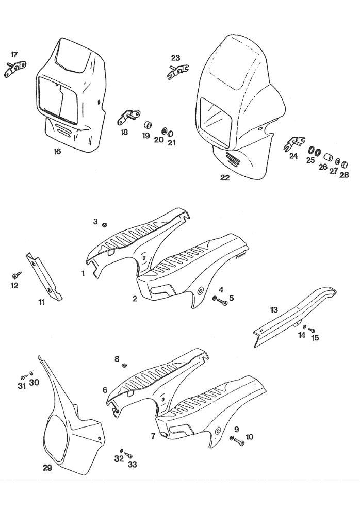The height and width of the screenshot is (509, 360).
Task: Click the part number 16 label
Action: pyautogui.click(x=57, y=152)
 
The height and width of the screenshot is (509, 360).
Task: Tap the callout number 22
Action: pyautogui.click(x=225, y=178)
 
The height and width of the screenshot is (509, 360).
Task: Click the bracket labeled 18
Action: pyautogui.click(x=128, y=116)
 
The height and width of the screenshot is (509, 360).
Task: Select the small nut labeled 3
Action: pyautogui.click(x=105, y=224)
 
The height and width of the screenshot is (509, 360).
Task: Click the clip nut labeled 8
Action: pyautogui.click(x=124, y=366)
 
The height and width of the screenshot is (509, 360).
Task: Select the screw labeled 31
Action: pyautogui.click(x=24, y=376)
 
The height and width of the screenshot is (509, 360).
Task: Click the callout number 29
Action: pyautogui.click(x=47, y=468)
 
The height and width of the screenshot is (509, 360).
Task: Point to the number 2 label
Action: pyautogui.click(x=135, y=299)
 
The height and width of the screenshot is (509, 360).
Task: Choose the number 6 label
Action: pyautogui.click(x=105, y=390)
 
